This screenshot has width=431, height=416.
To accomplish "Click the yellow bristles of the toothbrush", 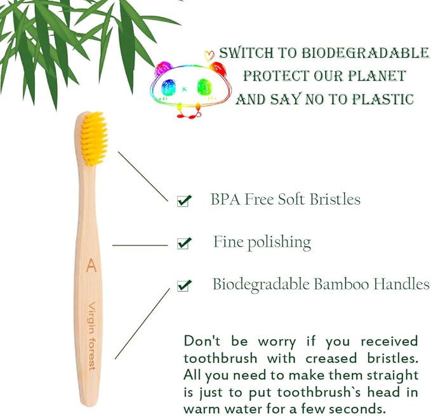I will [x=94, y=138].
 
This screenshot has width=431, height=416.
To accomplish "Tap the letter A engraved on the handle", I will [x=91, y=264].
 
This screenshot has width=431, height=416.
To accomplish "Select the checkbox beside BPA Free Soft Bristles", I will [x=183, y=201].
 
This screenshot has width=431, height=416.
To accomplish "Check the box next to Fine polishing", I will [x=183, y=243].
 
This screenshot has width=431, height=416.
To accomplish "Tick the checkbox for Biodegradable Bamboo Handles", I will [x=183, y=285].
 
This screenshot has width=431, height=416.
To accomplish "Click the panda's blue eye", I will [x=170, y=87].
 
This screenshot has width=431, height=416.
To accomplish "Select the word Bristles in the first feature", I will [x=335, y=199].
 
